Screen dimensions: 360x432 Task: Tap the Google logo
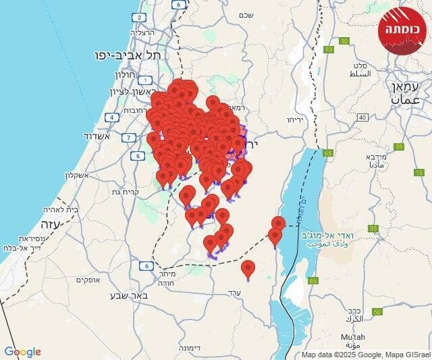22,352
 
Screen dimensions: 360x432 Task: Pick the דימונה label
194,347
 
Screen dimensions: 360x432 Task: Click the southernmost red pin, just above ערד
248,269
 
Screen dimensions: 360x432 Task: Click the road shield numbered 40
362,118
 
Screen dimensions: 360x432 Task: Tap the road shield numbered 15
417,173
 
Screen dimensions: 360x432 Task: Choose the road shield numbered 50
377,311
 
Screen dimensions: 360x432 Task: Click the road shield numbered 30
344,42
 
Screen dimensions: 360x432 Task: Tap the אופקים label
87,280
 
